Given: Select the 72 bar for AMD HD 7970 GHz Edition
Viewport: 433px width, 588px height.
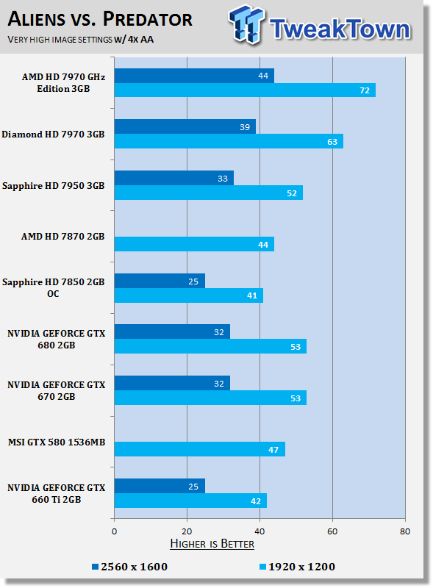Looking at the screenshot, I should tap(244, 90).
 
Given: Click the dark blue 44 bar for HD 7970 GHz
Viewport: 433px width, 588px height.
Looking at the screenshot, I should tap(194, 75).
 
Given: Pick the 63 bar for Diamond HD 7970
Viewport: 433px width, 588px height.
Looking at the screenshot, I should tap(228, 141).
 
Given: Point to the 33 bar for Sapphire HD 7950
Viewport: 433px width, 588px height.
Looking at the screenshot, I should tap(173, 178).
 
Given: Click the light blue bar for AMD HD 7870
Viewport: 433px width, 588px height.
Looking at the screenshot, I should tap(194, 244).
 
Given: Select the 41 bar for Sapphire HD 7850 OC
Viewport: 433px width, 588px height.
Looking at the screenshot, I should tap(188, 295).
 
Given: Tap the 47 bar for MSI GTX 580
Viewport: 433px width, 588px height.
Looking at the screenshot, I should tap(199, 449).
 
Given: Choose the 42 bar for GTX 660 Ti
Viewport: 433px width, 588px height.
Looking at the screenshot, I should tap(190, 501).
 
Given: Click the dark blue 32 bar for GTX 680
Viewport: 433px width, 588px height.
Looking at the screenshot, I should tap(172, 331).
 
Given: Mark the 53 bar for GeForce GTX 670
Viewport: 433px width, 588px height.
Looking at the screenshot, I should tap(210, 398).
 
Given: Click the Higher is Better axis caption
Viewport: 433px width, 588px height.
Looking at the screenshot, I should tap(212, 544).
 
